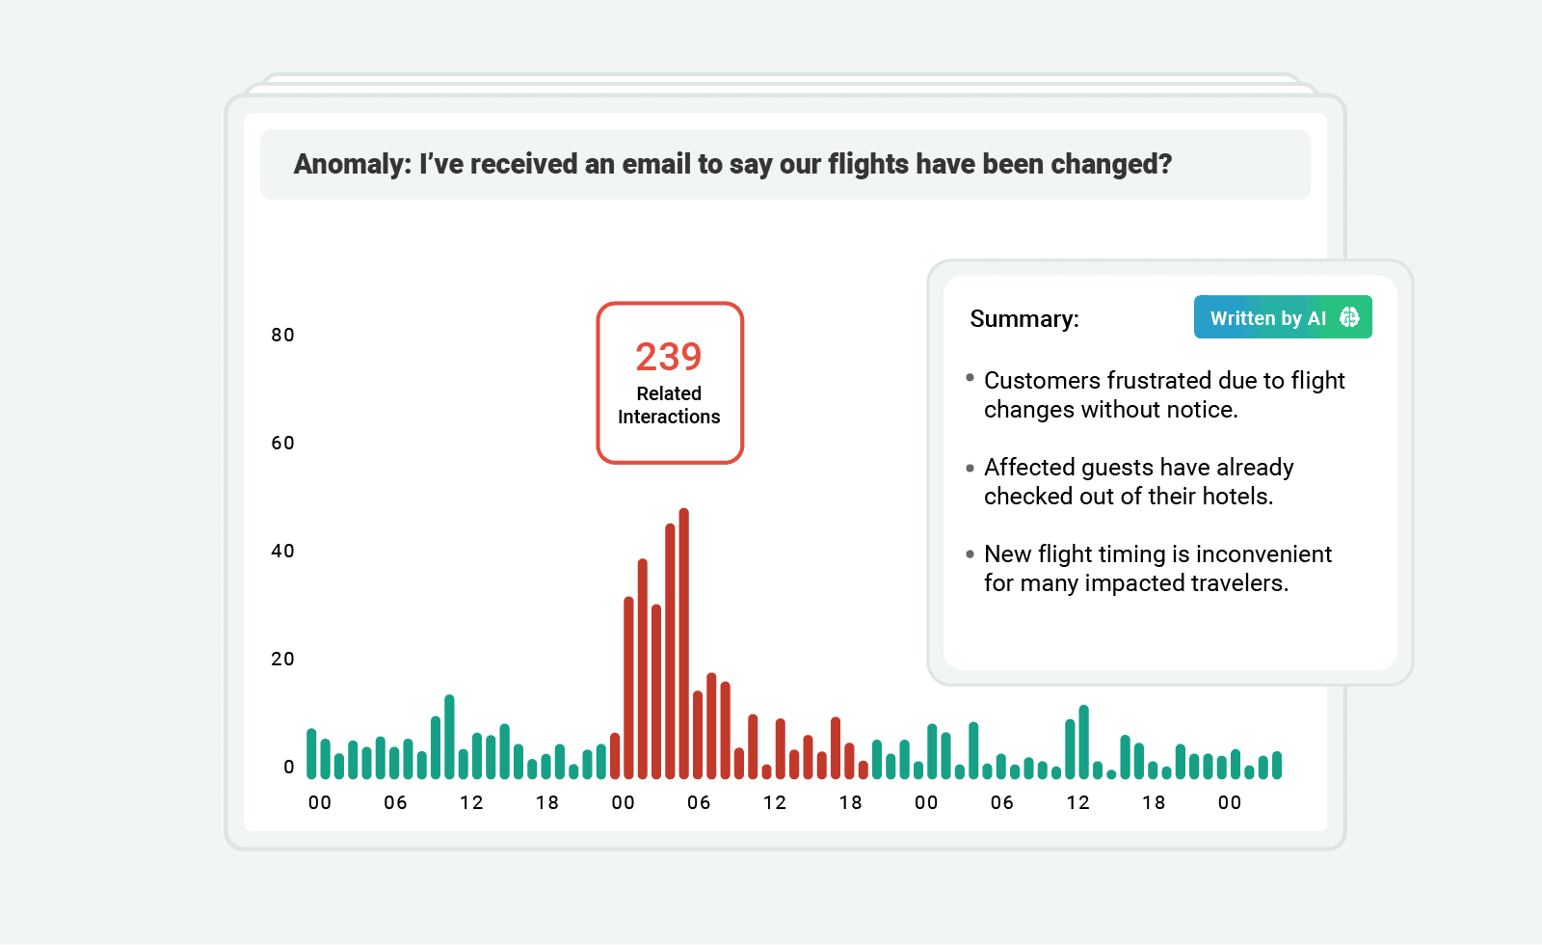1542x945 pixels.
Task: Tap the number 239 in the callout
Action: (x=669, y=358)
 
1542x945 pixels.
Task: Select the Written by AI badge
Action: (x=1282, y=317)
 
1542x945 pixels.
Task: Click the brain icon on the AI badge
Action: (x=1349, y=317)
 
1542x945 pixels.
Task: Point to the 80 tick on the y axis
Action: (x=282, y=336)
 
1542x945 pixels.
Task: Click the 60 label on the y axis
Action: (x=282, y=444)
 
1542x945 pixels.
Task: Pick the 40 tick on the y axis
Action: (x=282, y=552)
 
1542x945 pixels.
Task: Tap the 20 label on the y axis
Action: (x=282, y=660)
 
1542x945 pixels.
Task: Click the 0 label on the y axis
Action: (x=289, y=768)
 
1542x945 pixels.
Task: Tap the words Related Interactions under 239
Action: (x=669, y=405)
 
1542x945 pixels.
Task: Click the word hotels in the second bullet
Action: (x=1236, y=497)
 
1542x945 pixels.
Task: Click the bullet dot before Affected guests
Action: (x=970, y=469)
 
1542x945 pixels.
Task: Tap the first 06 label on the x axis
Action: (x=395, y=803)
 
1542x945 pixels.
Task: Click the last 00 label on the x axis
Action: (x=1230, y=803)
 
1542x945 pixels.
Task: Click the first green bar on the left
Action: (x=311, y=754)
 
